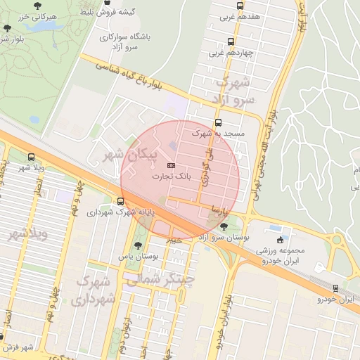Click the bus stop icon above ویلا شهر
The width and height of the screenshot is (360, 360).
(30, 157)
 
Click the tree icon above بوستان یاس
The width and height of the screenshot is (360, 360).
(138, 245)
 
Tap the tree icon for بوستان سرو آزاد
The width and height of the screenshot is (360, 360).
(224, 226)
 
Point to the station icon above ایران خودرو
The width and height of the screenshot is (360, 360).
(336, 288)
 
